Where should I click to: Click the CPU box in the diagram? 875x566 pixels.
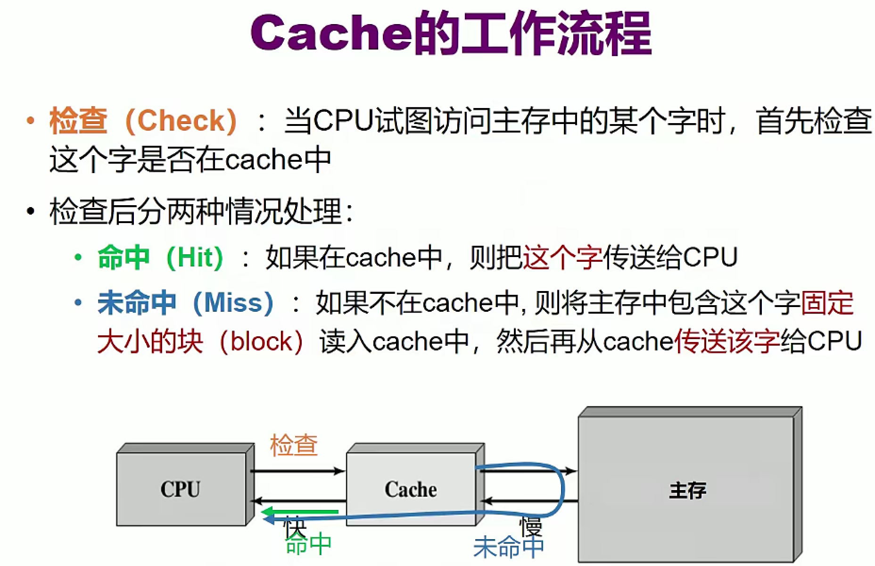coord(185,484)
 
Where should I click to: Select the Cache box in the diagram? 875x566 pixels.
coord(415,484)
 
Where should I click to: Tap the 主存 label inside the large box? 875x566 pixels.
coord(687,491)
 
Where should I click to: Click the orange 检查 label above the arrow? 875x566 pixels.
coord(294,445)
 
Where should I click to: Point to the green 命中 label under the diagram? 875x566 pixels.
coord(309,545)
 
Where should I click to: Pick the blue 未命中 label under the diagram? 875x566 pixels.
coord(508,547)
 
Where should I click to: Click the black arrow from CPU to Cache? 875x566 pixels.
coord(297,471)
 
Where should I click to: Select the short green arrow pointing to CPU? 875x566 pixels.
coord(300,512)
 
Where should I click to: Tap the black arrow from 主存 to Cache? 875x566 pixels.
coord(530,501)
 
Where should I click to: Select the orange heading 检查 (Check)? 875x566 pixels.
coord(143,121)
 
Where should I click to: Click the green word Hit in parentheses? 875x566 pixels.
coord(194,258)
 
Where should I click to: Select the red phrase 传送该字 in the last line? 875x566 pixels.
coord(727,341)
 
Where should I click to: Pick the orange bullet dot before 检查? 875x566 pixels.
coord(31,121)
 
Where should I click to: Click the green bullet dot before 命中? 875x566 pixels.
coord(78,258)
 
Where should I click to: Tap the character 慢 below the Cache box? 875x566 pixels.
coord(531,527)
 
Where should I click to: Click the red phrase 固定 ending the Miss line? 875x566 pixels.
coord(827,303)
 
